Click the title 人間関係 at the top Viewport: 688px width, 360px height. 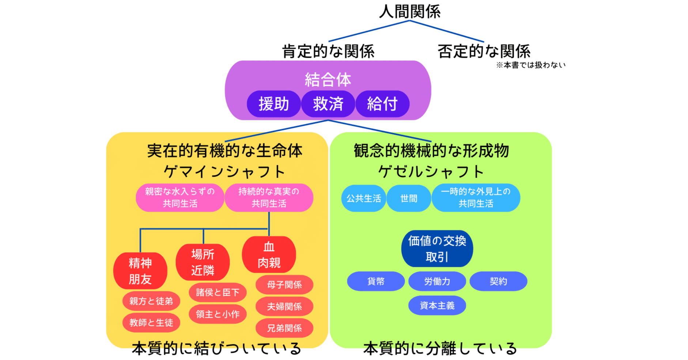409,11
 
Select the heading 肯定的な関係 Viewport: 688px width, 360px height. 328,51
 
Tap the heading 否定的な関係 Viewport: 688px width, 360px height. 484,51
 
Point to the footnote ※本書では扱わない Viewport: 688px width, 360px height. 530,65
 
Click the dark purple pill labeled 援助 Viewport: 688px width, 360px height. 274,104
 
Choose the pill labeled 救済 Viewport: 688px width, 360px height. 328,104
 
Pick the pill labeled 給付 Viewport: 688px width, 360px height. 382,104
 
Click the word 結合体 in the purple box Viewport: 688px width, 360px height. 328,80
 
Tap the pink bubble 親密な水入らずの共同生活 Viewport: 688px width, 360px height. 180,198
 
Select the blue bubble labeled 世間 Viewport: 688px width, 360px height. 409,198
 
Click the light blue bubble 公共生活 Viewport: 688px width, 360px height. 364,198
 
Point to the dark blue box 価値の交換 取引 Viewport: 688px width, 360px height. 437,249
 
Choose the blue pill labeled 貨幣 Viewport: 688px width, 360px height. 376,281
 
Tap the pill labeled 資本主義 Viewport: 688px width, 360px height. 437,306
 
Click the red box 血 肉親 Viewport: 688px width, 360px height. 269,255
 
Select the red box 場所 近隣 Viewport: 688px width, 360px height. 203,262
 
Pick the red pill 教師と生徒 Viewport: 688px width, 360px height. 151,323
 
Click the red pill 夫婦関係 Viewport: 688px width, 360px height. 284,307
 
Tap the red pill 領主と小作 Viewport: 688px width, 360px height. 218,314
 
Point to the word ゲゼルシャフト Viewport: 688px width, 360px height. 431,171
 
